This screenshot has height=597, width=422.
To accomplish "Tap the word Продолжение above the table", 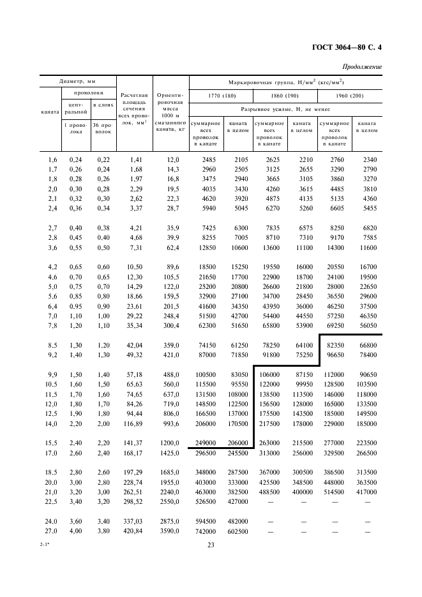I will pyautogui.click(x=362, y=66).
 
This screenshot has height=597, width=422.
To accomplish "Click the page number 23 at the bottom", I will pyautogui.click(x=211, y=543).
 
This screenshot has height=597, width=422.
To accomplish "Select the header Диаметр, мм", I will pyautogui.click(x=77, y=82).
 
